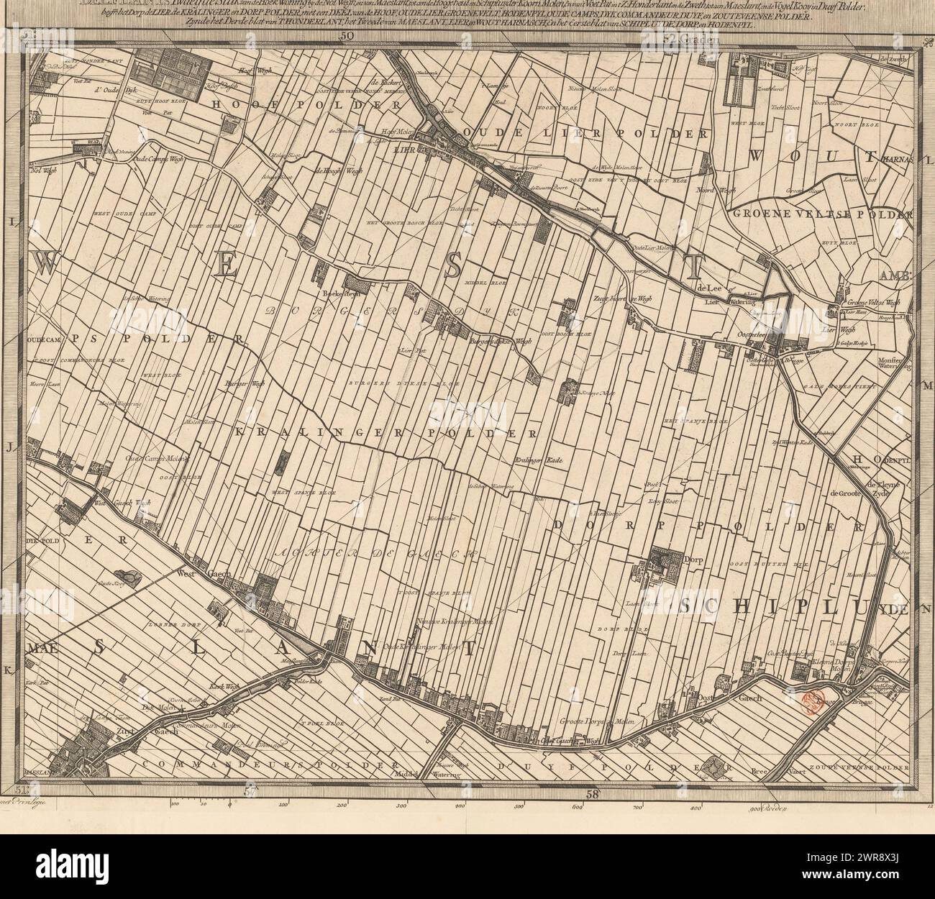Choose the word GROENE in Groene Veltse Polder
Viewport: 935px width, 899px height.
coord(755,214)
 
